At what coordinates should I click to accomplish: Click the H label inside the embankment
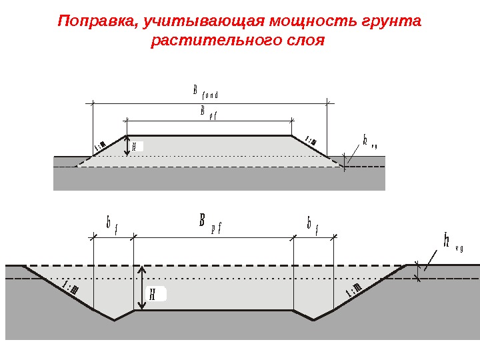point(135,147)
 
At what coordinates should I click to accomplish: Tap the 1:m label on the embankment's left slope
point(101,145)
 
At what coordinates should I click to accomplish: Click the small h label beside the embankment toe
point(370,141)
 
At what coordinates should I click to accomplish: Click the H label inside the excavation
point(155,294)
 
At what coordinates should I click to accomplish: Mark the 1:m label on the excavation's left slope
point(71,287)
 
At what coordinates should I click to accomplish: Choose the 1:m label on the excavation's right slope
point(353,291)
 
